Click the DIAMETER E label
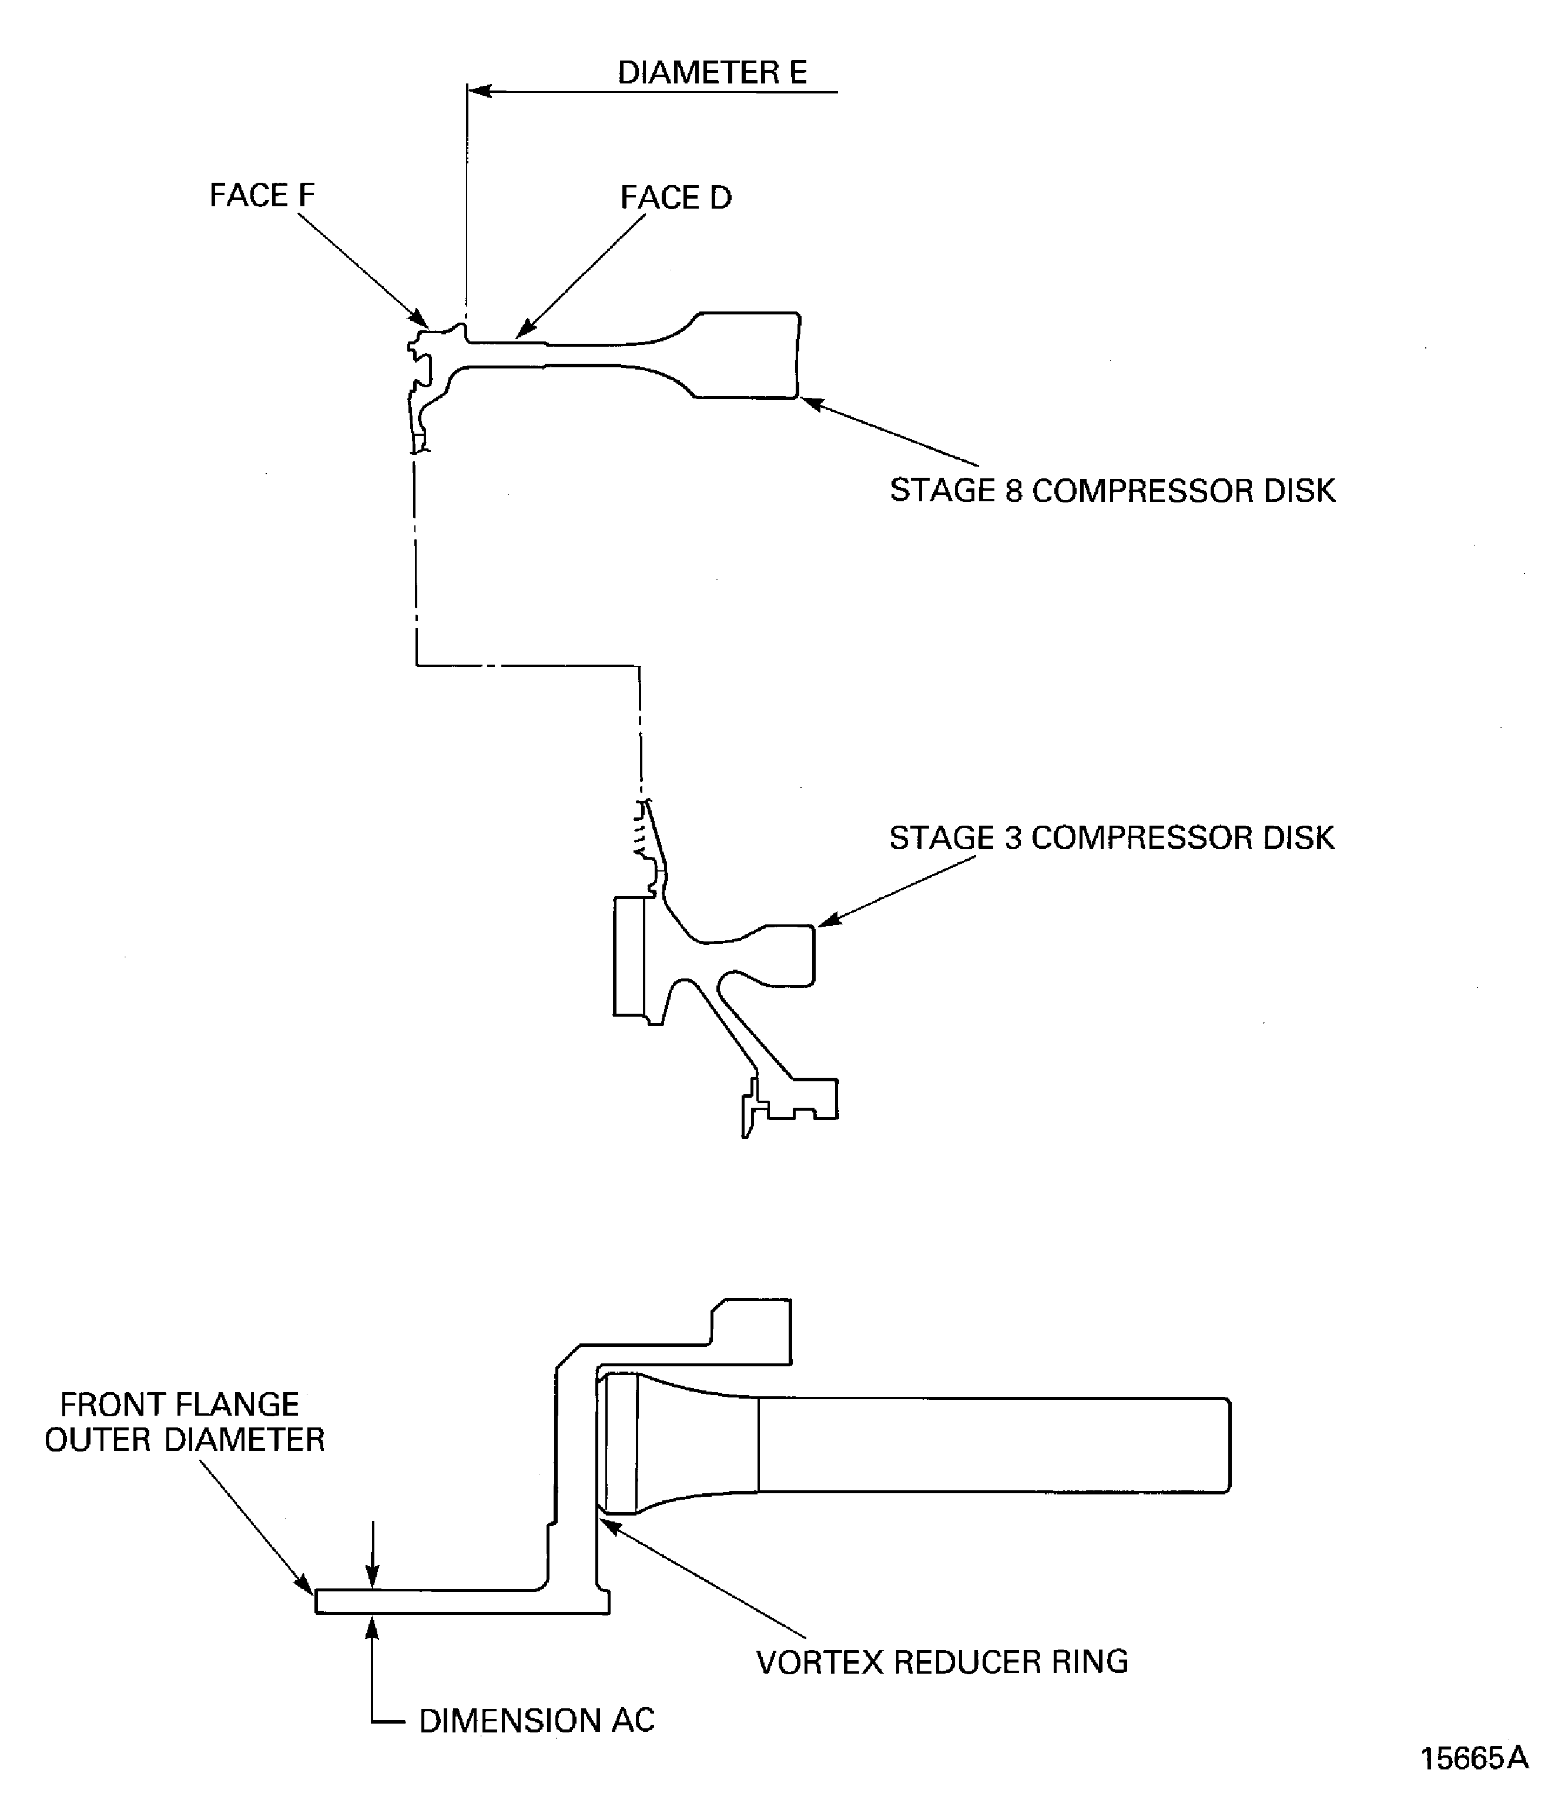pos(712,72)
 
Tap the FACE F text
pos(262,196)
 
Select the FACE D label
pos(675,198)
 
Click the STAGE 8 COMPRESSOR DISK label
pos(1112,491)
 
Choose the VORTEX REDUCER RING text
pos(941,1662)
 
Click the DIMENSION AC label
pos(536,1721)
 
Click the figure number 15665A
pos(1473,1758)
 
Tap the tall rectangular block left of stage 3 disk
pos(629,956)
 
